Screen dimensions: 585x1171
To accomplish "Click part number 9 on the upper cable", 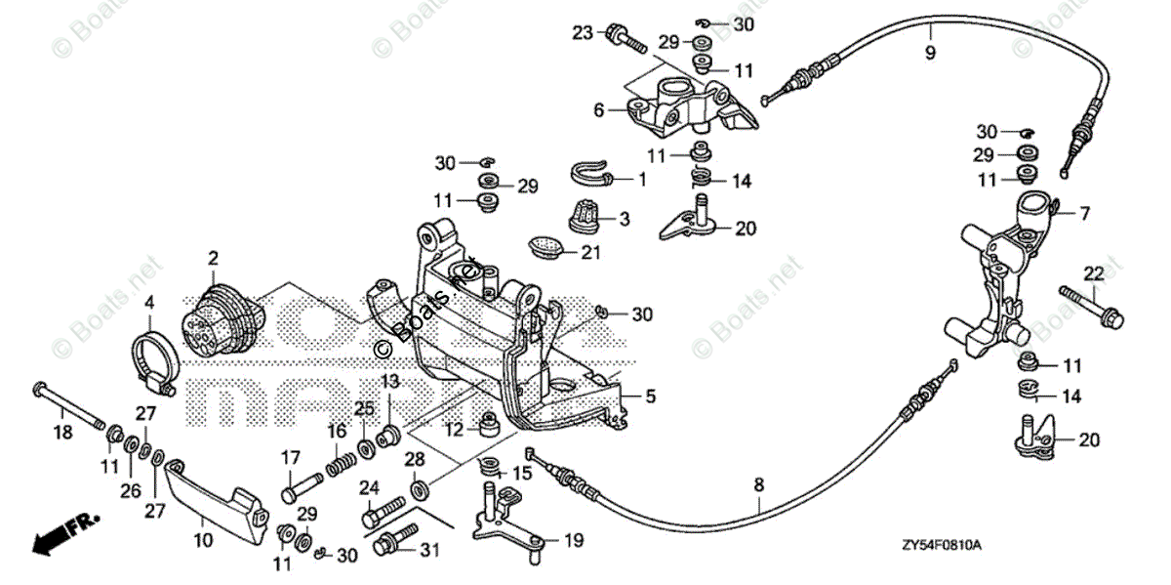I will point(929,53).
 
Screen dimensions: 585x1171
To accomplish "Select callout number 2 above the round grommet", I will point(213,258).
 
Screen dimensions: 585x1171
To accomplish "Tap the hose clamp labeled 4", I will point(154,357).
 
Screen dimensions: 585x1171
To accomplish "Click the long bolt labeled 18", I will point(68,403).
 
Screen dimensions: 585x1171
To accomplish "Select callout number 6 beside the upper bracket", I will point(599,111).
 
